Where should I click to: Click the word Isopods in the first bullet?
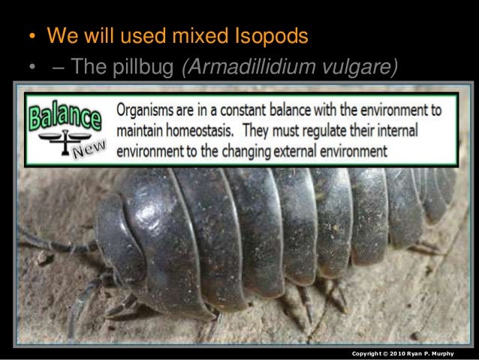[x=268, y=36]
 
